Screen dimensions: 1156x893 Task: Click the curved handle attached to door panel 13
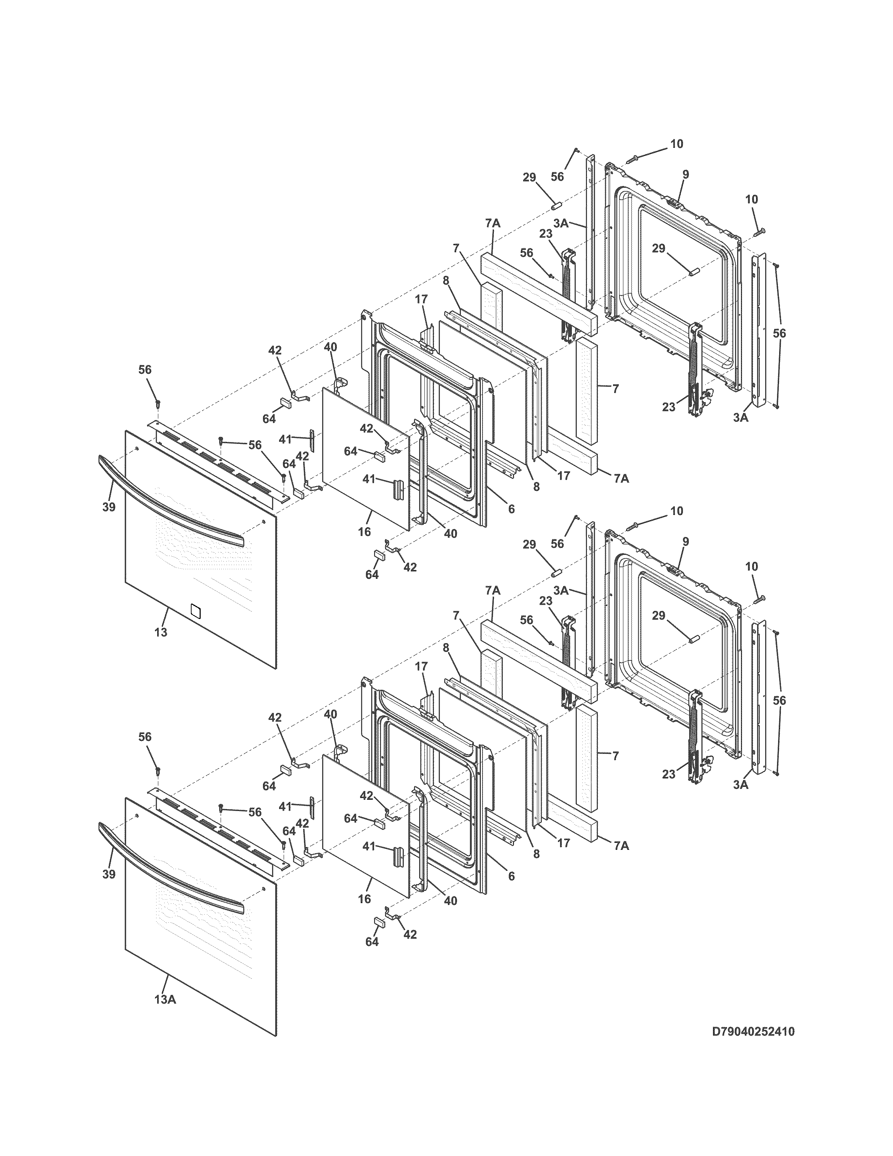point(169,510)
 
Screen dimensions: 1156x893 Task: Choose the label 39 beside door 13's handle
point(109,507)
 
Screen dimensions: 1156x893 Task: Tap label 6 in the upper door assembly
point(511,509)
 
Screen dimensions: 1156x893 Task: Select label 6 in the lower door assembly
point(511,876)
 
